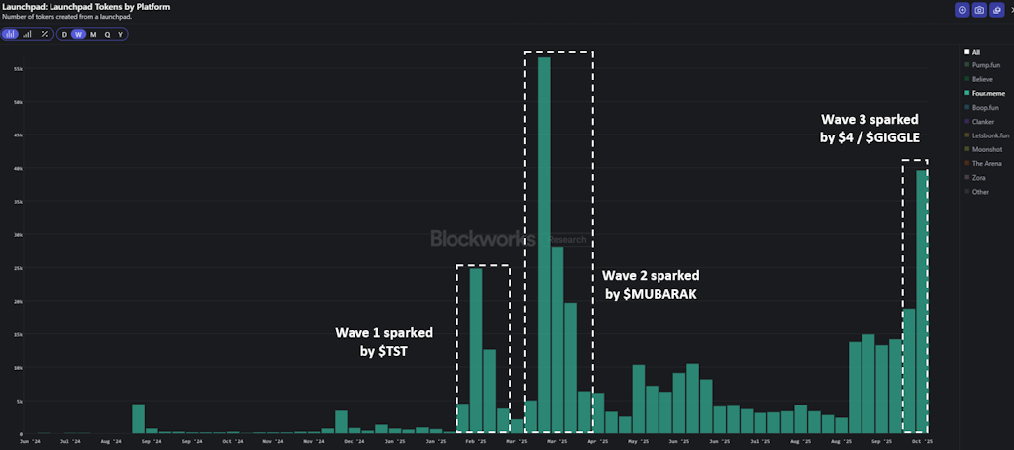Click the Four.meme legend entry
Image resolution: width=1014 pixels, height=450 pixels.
[x=987, y=92]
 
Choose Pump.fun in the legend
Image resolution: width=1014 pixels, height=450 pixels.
[x=987, y=64]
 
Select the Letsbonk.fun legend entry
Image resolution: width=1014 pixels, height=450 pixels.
[x=989, y=135]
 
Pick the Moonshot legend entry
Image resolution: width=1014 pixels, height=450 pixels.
[x=986, y=149]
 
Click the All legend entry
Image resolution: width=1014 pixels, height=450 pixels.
[x=975, y=51]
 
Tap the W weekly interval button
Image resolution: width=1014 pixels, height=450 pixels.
[x=78, y=34]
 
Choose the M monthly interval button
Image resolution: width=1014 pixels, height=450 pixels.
[x=93, y=34]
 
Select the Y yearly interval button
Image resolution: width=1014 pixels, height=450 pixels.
[x=121, y=34]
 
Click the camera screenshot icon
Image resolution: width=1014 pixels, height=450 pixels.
[x=979, y=10]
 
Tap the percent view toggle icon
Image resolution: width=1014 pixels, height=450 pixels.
[x=44, y=34]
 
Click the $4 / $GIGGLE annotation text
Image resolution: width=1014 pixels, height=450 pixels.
[x=868, y=137]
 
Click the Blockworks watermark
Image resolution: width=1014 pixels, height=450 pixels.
[x=482, y=238]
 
